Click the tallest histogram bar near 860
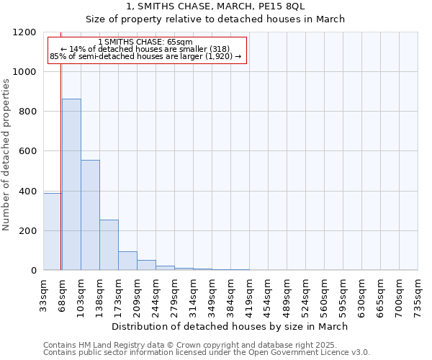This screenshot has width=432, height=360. coord(71,184)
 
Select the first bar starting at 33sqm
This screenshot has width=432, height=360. coord(52,232)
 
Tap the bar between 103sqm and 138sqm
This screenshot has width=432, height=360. coord(90,215)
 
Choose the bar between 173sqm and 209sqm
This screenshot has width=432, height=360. coord(127,261)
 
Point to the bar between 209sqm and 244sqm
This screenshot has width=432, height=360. coord(146,265)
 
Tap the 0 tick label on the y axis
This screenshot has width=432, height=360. coord(34,271)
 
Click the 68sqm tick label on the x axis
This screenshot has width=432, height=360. coord(62,294)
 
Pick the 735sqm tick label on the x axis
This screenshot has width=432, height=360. coord(418,294)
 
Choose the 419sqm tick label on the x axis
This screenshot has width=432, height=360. coord(249,294)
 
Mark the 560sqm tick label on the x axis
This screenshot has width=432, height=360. coord(324,294)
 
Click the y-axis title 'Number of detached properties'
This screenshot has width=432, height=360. coord(6,156)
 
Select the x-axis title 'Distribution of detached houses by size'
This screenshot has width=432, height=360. coord(230,326)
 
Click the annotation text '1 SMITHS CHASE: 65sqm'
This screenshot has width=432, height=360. coord(146,42)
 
